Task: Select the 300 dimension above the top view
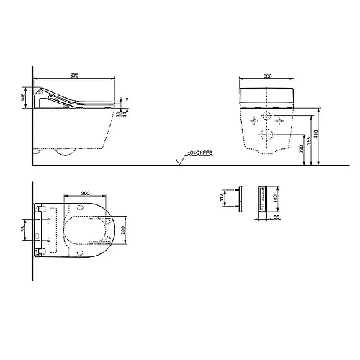(86, 194)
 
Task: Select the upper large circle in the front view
(266, 117)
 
